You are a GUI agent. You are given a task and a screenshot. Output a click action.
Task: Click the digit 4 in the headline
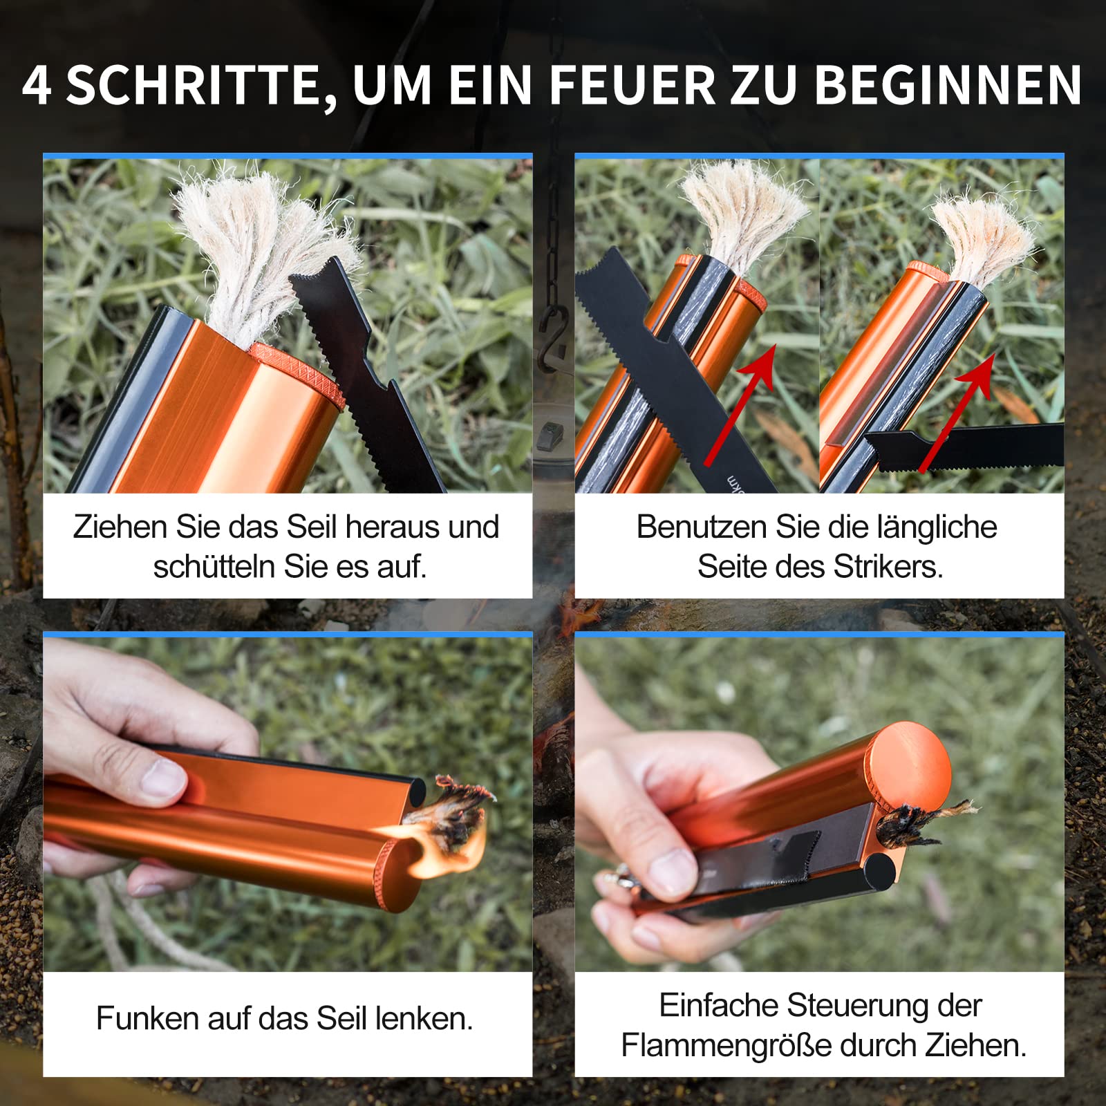tap(37, 86)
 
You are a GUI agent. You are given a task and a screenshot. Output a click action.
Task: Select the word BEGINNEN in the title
tap(948, 86)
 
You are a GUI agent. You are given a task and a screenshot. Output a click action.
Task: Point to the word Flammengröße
tap(725, 1046)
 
